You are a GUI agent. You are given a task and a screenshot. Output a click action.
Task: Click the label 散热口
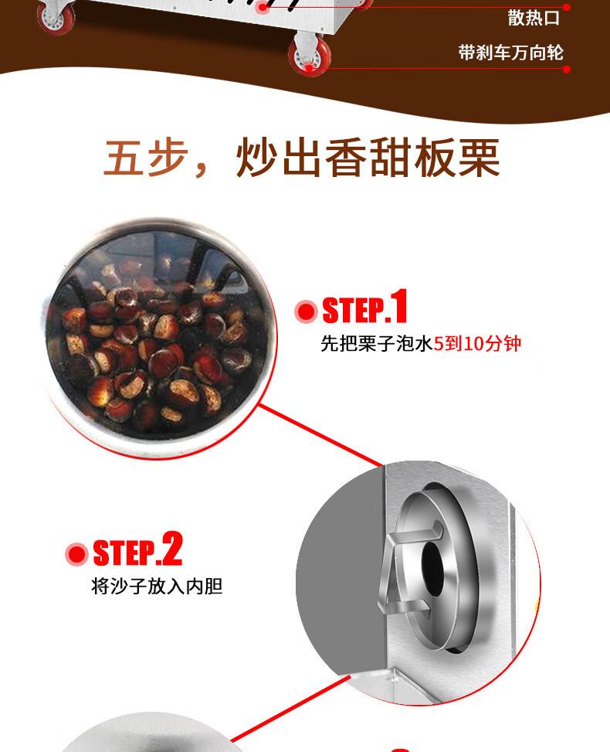[x=534, y=19]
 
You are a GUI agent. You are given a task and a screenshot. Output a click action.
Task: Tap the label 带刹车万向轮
[x=510, y=53]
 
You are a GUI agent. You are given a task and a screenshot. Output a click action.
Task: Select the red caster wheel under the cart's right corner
[x=310, y=56]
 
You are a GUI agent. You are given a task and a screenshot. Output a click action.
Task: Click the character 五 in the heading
[x=122, y=158]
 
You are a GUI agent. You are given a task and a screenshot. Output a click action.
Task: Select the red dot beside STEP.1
[x=306, y=311]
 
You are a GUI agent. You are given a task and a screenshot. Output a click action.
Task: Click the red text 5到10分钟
[x=477, y=343]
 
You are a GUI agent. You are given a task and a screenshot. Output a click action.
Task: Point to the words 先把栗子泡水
[x=377, y=343]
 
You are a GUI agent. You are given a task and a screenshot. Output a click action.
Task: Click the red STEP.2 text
[x=137, y=550]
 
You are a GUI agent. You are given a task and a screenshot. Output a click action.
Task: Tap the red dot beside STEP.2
[x=76, y=554]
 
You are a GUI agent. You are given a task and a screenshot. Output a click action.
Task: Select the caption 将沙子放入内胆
[x=157, y=586]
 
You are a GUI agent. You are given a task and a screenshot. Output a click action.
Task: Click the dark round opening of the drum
[x=432, y=568]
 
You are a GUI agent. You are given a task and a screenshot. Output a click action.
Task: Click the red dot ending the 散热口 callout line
[x=567, y=8]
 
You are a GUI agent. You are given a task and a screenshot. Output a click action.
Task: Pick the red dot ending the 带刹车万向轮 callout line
[x=567, y=69]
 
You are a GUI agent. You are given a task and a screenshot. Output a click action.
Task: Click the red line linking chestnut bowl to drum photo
[x=320, y=435]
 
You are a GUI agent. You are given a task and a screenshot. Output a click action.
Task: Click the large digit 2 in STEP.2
[x=171, y=549]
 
